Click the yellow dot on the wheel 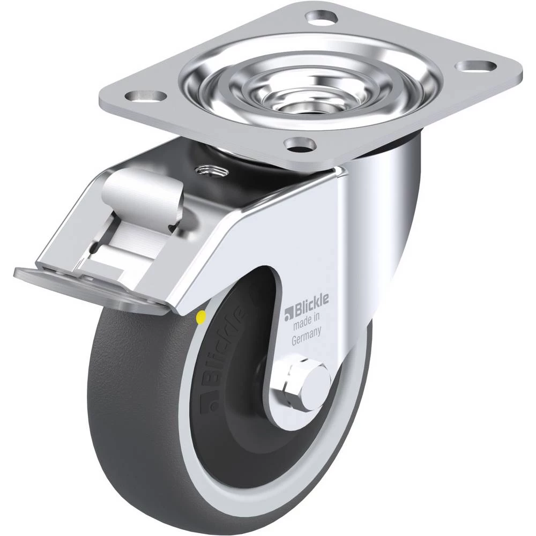[202, 317]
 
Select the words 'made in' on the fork [306, 321]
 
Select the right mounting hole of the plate [477, 66]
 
